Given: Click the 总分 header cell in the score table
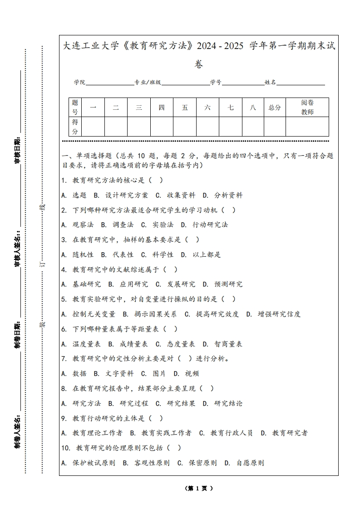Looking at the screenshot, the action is coord(275,108).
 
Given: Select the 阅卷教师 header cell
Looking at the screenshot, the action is coord(307,108).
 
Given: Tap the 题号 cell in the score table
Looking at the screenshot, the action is coord(75,108).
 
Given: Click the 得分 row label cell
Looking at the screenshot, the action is coord(75,127).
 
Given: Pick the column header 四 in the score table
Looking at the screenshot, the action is coord(162,108).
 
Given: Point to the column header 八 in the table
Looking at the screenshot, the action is coord(252,108).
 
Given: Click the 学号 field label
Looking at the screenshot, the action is coord(216,83).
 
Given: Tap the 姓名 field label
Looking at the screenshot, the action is coord(270,83).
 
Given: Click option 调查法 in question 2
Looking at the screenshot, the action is coord(123,225).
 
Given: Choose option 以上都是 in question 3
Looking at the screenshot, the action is coord(207,254).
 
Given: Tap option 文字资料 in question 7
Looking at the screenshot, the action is coord(119,373).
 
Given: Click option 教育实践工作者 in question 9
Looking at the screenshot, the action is coord(166,433).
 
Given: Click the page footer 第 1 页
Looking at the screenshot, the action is coord(198,488).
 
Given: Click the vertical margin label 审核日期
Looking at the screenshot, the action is coord(18,149).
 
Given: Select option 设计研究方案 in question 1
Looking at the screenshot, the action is coord(127,195).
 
